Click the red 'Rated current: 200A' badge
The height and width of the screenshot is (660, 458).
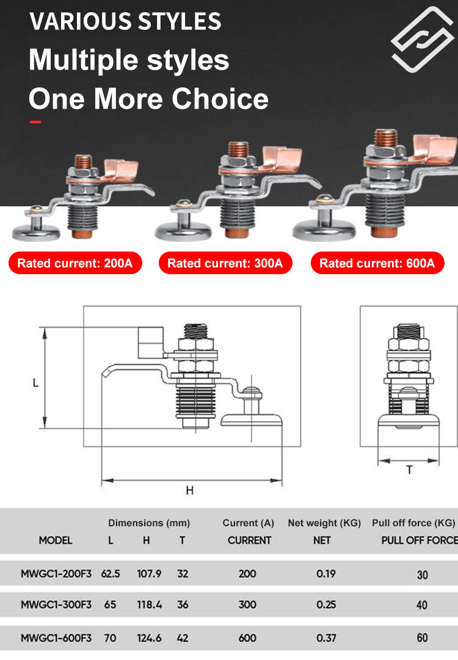pyautogui.click(x=75, y=263)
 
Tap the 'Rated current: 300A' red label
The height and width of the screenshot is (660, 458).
pyautogui.click(x=225, y=263)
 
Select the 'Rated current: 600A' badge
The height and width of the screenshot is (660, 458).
pyautogui.click(x=377, y=263)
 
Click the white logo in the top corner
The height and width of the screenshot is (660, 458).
pyautogui.click(x=422, y=39)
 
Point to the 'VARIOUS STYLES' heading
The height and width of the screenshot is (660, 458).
pyautogui.click(x=125, y=21)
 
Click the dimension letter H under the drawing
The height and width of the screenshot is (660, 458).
pyautogui.click(x=190, y=490)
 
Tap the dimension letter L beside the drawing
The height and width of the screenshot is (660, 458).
pyautogui.click(x=36, y=383)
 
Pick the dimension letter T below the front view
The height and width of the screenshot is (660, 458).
pyautogui.click(x=409, y=470)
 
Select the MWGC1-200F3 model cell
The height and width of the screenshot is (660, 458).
pyautogui.click(x=56, y=573)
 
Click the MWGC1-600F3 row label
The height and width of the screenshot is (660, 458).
pyautogui.click(x=56, y=637)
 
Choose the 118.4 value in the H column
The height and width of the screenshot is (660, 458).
pyautogui.click(x=149, y=604)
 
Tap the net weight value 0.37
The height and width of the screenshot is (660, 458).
pyautogui.click(x=326, y=638)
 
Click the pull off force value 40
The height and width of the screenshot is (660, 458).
pyautogui.click(x=422, y=605)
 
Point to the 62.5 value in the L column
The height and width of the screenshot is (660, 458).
pyautogui.click(x=111, y=573)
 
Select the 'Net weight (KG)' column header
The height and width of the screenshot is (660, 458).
pyautogui.click(x=324, y=523)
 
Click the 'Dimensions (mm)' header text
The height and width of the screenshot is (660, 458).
pyautogui.click(x=149, y=523)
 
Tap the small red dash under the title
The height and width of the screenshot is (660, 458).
pyautogui.click(x=35, y=123)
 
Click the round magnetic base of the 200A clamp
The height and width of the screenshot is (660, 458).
pyautogui.click(x=36, y=232)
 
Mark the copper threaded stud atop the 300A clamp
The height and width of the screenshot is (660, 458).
pyautogui.click(x=238, y=149)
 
